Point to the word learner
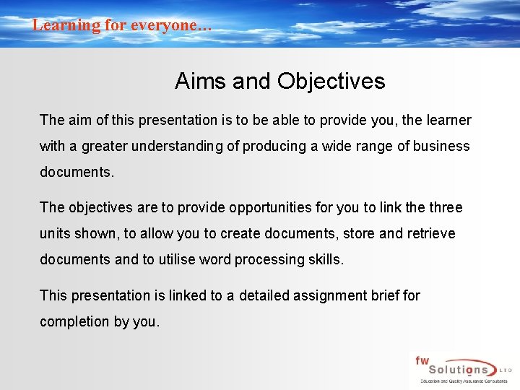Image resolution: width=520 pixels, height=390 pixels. (446, 120)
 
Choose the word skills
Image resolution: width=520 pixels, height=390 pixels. (326, 259)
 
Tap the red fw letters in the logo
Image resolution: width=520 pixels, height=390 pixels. (422, 360)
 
